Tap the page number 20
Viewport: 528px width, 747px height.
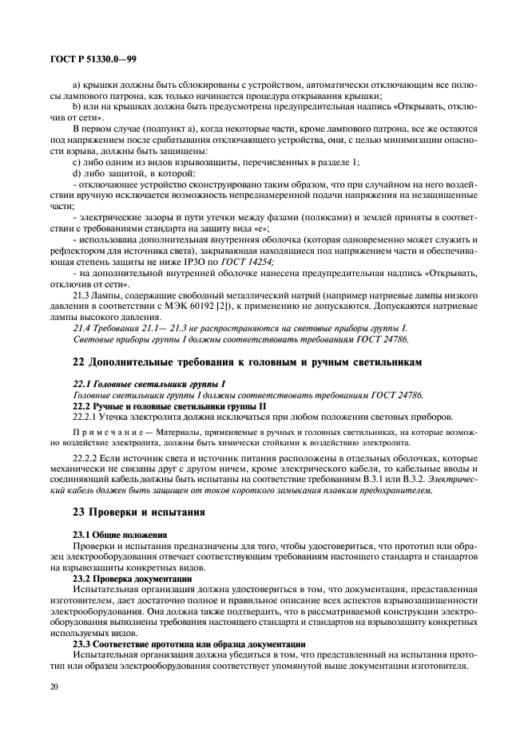click(x=54, y=695)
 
